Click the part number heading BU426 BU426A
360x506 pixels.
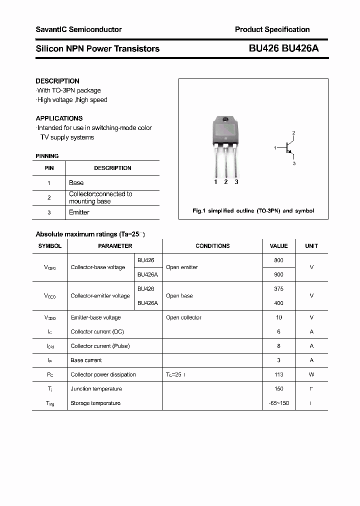pos(283,48)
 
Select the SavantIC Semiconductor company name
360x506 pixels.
pos(78,29)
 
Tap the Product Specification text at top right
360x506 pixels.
pos(272,29)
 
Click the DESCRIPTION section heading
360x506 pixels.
pos(57,81)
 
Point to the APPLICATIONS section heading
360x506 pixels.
pos(59,118)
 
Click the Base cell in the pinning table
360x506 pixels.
pos(76,183)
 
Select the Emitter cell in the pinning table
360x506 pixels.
pos(79,212)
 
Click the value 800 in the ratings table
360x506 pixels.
pos(278,260)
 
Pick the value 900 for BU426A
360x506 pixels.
pos(278,274)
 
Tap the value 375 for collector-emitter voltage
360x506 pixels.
pos(278,289)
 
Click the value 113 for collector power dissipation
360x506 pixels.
pos(278,374)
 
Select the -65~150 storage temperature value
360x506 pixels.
pos(278,403)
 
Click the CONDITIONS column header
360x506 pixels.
pos(212,246)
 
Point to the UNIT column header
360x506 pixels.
pos(311,246)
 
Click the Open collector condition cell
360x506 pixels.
pos(183,317)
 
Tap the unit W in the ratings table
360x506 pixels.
pos(311,374)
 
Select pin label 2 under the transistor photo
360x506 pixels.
pos(226,182)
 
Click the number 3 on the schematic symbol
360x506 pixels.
pos(294,163)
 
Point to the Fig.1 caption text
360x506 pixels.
pos(253,211)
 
